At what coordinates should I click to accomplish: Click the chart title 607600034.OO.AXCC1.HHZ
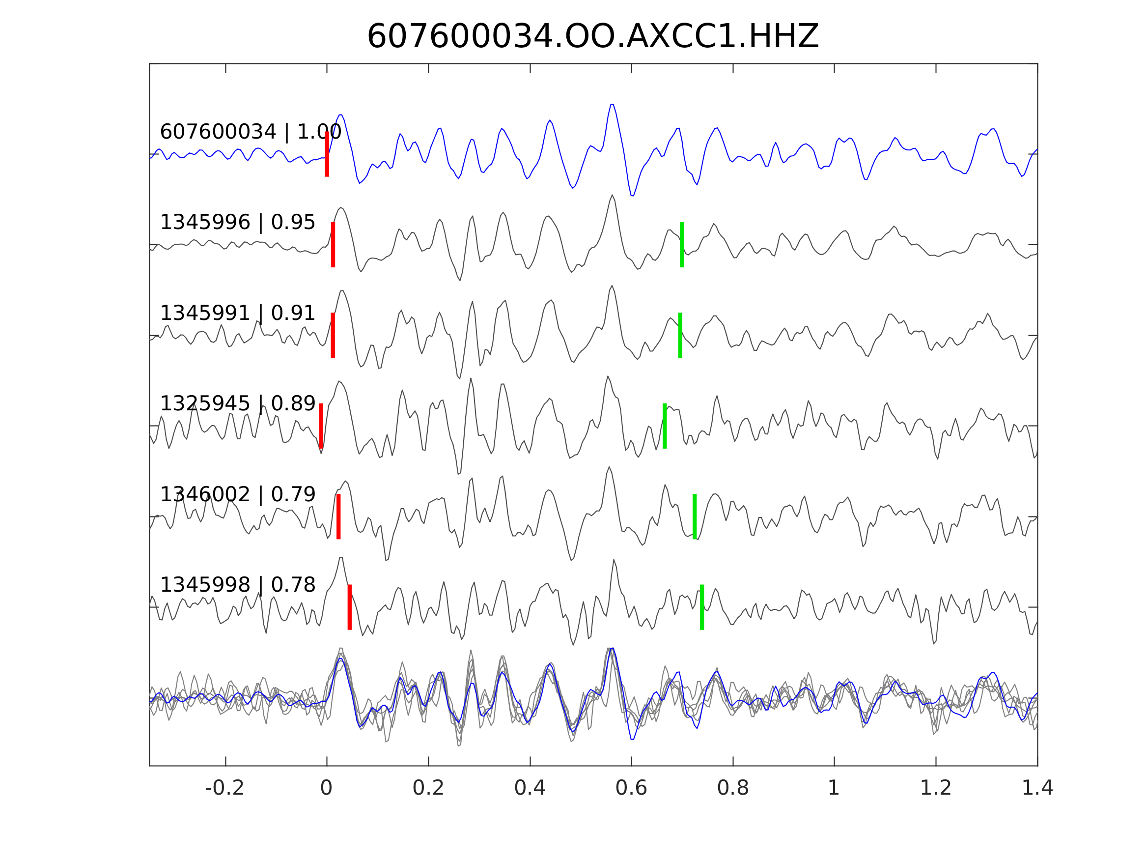592,37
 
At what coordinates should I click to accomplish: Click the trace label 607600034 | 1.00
250,132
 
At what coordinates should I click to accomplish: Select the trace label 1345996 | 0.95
237,223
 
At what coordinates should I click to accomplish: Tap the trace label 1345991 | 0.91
237,313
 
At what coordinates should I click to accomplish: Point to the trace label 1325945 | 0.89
237,403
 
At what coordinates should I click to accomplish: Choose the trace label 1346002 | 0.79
237,494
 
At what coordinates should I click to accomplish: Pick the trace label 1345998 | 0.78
237,585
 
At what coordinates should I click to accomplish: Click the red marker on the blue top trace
327,154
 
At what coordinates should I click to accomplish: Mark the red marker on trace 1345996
333,245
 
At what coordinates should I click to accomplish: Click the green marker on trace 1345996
682,245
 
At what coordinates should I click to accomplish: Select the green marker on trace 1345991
680,335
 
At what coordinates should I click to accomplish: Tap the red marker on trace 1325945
321,426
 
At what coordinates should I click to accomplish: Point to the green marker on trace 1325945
665,426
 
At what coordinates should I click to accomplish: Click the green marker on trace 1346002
695,516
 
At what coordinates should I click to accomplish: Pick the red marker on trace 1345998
350,607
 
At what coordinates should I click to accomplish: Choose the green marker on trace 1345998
702,607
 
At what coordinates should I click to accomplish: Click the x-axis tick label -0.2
224,788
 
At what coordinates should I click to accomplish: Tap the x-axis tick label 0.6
631,788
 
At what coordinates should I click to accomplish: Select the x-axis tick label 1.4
1037,788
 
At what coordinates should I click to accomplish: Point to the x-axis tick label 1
834,788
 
